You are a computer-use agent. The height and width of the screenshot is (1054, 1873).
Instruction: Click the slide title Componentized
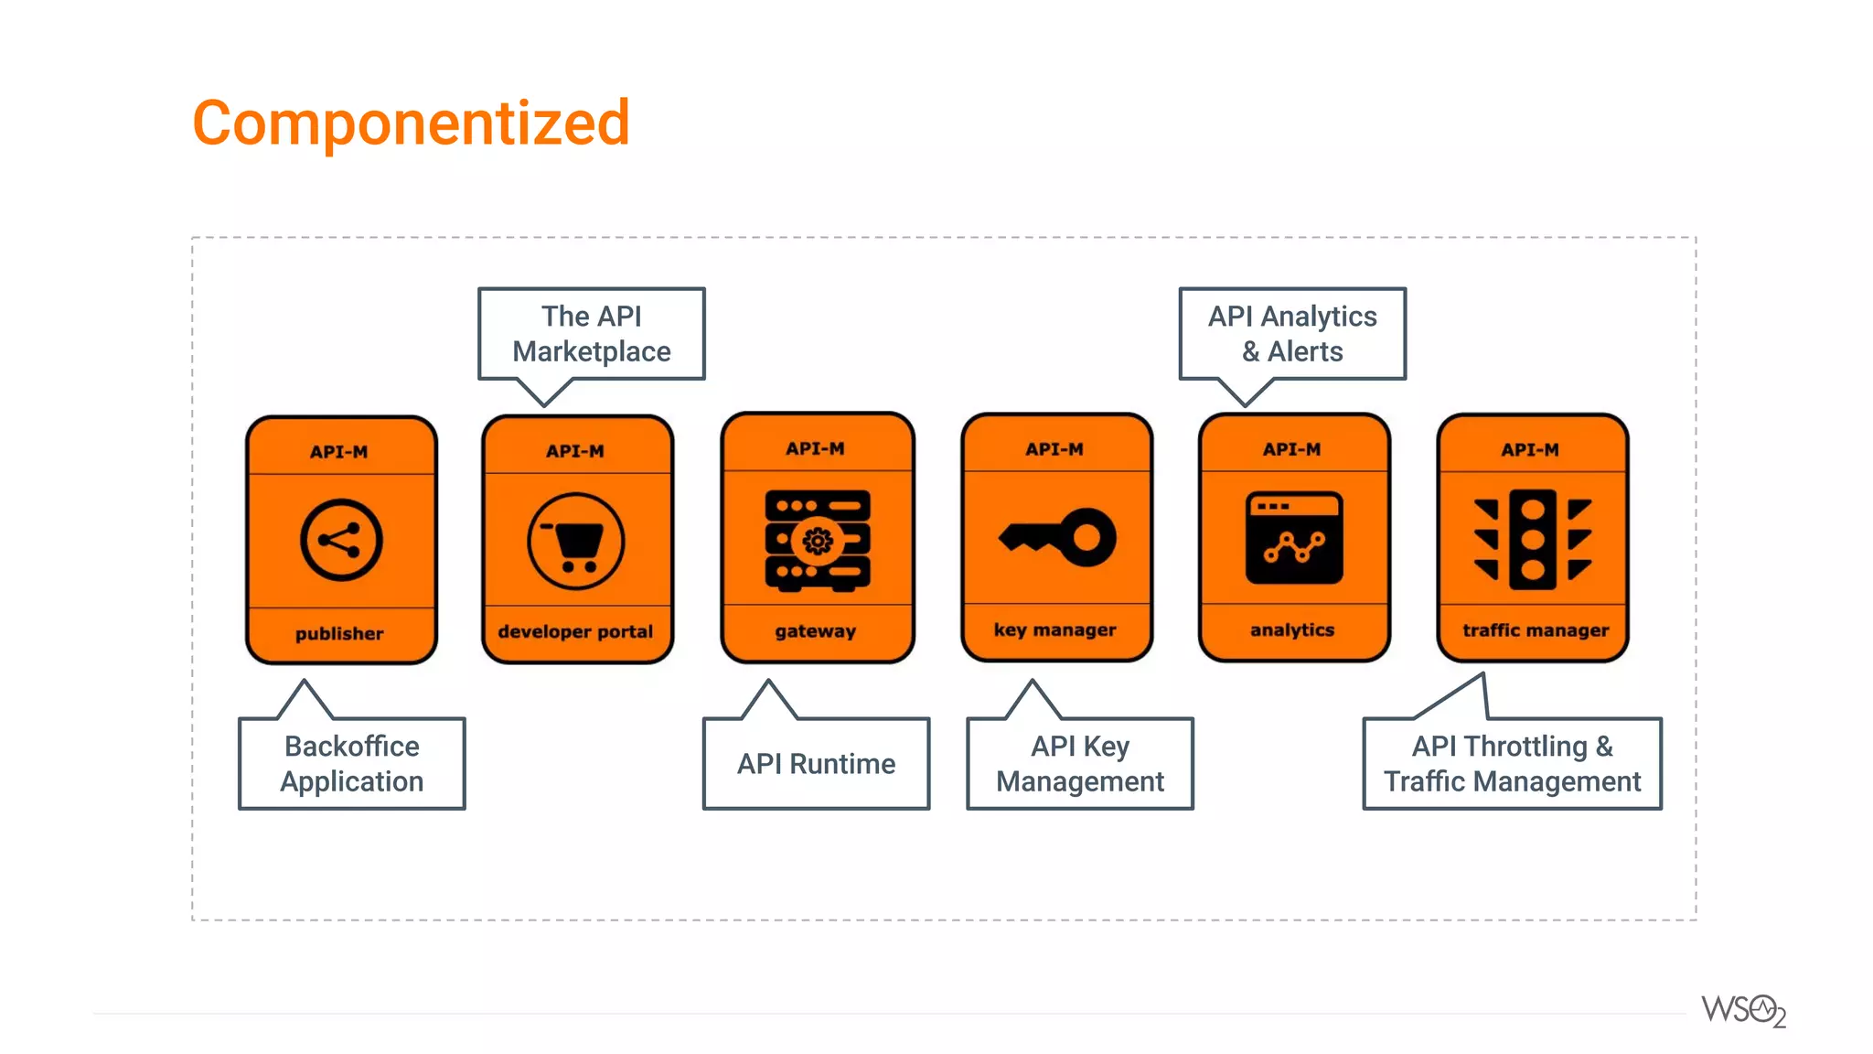[x=411, y=124]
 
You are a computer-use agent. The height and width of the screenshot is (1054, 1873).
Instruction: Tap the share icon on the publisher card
[x=341, y=540]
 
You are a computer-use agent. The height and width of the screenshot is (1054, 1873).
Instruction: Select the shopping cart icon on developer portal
[x=576, y=542]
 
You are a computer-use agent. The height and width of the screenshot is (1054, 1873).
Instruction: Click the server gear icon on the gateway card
[x=817, y=541]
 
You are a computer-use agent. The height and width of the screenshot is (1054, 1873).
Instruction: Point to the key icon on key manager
[x=1057, y=537]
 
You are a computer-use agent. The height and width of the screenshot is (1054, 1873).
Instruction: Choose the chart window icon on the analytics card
[x=1294, y=538]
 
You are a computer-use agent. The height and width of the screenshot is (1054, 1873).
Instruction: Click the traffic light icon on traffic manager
[x=1533, y=539]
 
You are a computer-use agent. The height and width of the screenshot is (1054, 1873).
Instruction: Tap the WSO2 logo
[x=1743, y=1011]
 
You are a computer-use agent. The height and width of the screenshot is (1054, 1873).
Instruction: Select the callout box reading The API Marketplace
[x=592, y=334]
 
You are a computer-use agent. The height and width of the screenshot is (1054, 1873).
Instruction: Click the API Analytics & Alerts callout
[x=1292, y=334]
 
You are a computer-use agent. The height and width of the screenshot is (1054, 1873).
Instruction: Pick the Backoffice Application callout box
[x=352, y=764]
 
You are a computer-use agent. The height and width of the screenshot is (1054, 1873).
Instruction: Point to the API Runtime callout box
[x=816, y=764]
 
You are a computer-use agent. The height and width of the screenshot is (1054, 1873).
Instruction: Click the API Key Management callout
[x=1080, y=764]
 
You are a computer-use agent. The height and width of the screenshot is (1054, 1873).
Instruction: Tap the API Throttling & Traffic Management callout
[x=1512, y=764]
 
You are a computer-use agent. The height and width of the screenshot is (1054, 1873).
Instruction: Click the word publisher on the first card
[x=339, y=634]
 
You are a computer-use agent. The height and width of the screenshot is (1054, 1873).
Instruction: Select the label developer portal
[x=575, y=632]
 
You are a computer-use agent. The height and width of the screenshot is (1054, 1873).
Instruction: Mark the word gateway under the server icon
[x=816, y=631]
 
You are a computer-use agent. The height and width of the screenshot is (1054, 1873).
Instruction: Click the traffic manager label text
[x=1535, y=630]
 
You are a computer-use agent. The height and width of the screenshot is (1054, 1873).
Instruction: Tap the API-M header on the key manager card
[x=1054, y=449]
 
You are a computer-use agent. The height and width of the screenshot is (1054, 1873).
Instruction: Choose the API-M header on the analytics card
[x=1291, y=449]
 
